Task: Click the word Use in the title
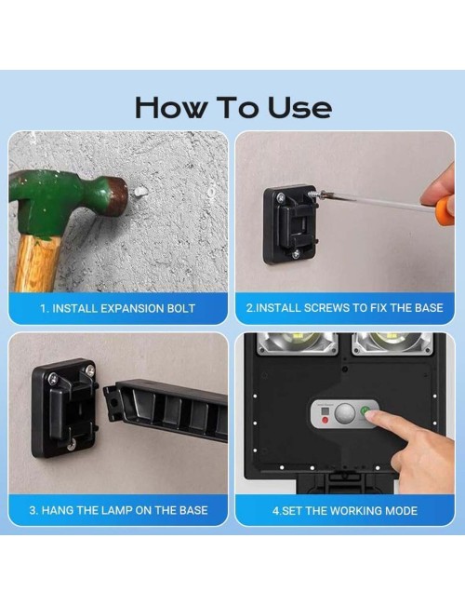(299, 107)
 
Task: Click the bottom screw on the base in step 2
(296, 254)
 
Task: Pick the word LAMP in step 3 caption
(117, 510)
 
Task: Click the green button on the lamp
(365, 411)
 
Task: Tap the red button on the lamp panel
(325, 420)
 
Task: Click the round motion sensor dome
(345, 413)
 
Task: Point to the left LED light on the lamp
(298, 343)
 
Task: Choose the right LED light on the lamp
(392, 343)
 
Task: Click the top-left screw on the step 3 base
(52, 379)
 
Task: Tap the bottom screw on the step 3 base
(71, 447)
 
